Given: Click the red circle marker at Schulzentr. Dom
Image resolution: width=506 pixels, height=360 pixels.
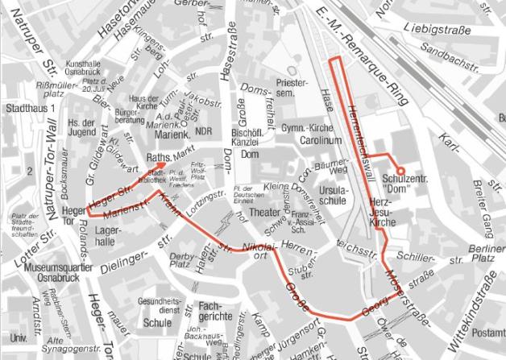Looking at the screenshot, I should pyautogui.click(x=402, y=169).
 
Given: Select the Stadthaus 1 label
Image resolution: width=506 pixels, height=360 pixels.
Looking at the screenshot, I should pyautogui.click(x=29, y=108).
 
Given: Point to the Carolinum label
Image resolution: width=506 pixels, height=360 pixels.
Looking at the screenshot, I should pyautogui.click(x=318, y=140).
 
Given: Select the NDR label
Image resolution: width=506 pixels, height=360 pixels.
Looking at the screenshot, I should pyautogui.click(x=204, y=131).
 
